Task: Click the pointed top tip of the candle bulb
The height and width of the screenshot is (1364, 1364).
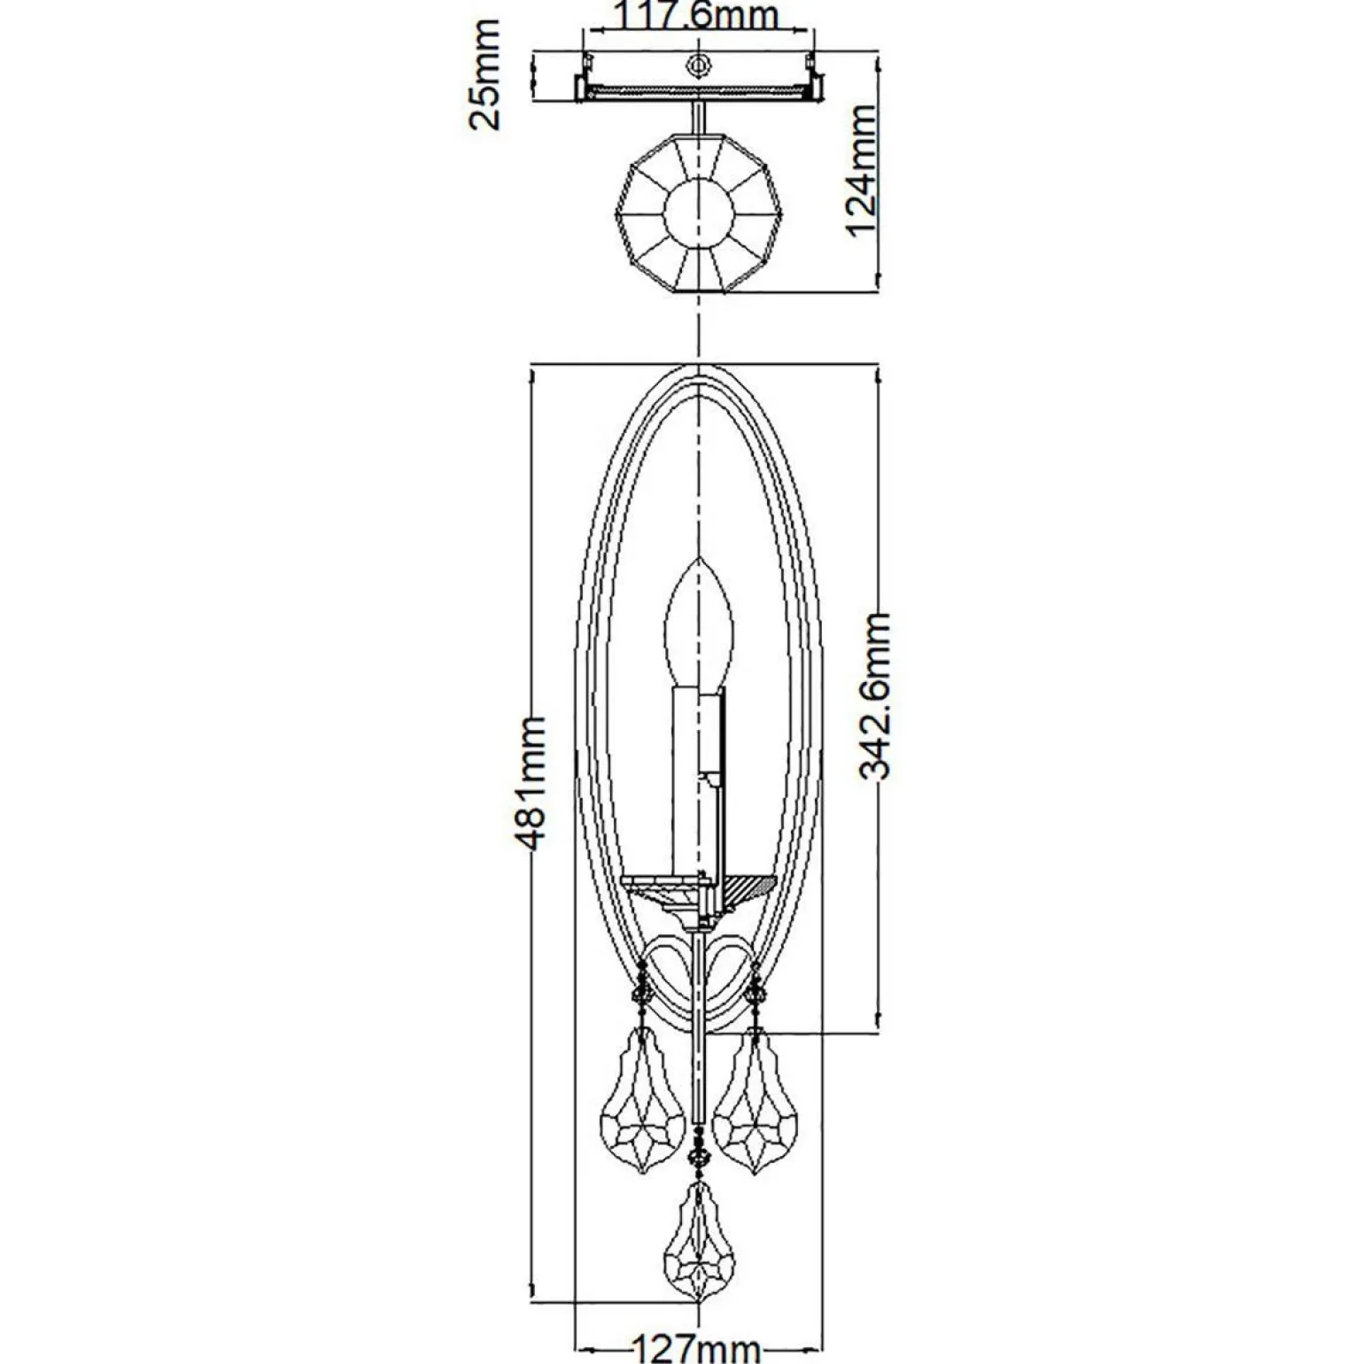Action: pyautogui.click(x=700, y=558)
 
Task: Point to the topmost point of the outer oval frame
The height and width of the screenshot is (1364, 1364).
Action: pyautogui.click(x=700, y=363)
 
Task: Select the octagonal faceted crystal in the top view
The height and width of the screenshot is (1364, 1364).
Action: pyautogui.click(x=700, y=213)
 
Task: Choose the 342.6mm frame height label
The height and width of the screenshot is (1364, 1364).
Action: pyautogui.click(x=875, y=694)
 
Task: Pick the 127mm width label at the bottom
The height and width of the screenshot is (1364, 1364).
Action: pyautogui.click(x=695, y=1348)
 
